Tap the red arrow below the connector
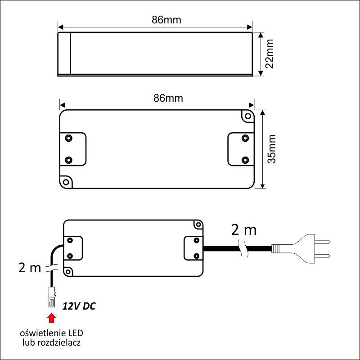click(52, 318)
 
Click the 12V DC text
click(79, 306)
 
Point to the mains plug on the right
click(299, 248)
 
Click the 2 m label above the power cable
click(243, 230)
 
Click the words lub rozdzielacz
click(52, 343)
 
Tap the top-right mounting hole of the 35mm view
click(247, 116)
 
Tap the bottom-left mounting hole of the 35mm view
click(67, 182)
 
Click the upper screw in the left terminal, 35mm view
click(69, 137)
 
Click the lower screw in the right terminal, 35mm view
click(245, 160)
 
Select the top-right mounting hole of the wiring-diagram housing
click(197, 224)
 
